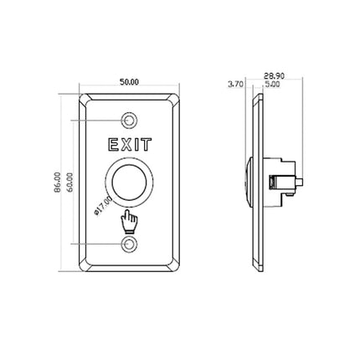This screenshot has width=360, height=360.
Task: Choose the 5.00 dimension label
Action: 272,84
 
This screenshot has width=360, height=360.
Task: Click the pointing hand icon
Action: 128,222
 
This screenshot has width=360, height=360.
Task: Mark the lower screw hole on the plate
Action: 128,244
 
